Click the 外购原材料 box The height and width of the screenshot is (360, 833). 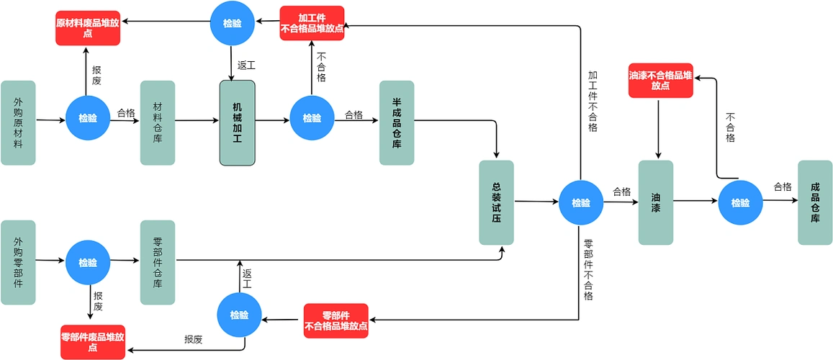coord(18,123)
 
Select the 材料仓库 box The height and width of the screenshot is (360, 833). coord(158,123)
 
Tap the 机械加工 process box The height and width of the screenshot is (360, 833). coord(238,123)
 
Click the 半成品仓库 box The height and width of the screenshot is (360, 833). coord(397,123)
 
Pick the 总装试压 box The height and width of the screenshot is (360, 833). coord(497,202)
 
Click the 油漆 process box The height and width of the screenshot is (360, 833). coord(656,202)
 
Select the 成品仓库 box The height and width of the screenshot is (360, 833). coord(815,202)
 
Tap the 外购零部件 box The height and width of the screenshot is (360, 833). coord(18,262)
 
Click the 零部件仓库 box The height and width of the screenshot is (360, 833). coord(158,262)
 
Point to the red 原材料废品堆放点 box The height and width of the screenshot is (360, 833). coord(88,28)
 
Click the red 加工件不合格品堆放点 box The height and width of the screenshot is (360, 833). coord(312,23)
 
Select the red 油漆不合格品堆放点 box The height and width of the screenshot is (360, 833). coord(660,80)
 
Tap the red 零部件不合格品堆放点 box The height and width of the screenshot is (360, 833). coord(336,321)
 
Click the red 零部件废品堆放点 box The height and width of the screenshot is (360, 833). coord(93,342)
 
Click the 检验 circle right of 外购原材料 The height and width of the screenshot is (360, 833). coord(88,119)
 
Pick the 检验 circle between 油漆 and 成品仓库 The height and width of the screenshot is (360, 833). coord(740,203)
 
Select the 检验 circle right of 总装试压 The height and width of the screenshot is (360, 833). coord(581,203)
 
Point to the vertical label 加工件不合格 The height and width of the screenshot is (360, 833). coord(593,101)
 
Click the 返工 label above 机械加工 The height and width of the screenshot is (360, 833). coord(246,65)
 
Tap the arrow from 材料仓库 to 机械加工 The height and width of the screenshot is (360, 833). coord(197,120)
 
